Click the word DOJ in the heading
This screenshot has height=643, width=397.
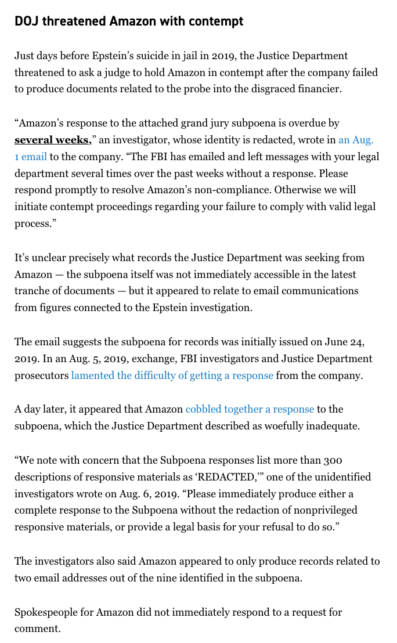(26, 21)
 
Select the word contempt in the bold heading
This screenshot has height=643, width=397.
(216, 21)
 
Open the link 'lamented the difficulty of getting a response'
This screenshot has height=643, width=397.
(172, 375)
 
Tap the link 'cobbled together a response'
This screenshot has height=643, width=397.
(250, 409)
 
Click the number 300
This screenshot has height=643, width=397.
(333, 460)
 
